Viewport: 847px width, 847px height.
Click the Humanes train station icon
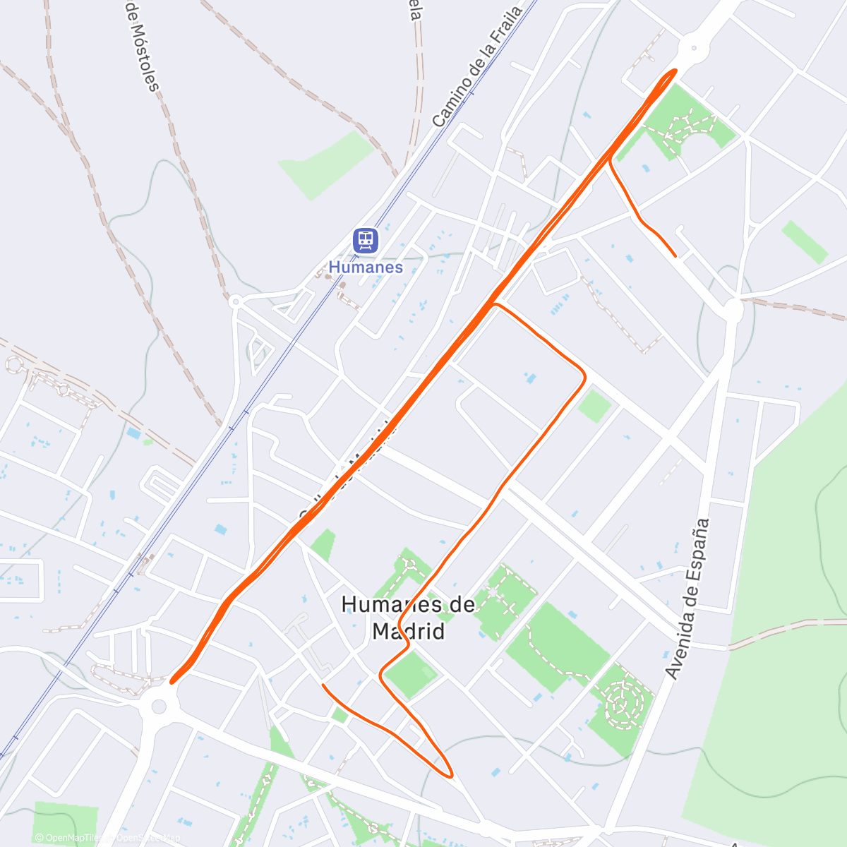(x=366, y=240)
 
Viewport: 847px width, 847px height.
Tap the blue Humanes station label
(x=366, y=268)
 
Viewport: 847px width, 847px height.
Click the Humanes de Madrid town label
(x=409, y=617)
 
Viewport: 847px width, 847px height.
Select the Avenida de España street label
(x=687, y=599)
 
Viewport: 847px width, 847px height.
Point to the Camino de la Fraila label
(x=476, y=67)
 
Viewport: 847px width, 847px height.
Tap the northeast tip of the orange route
(x=675, y=71)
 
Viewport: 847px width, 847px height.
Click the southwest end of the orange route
(x=172, y=681)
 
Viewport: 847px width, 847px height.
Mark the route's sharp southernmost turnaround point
(x=450, y=776)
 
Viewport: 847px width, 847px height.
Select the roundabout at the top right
(x=692, y=49)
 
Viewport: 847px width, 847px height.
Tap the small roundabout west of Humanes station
(x=236, y=301)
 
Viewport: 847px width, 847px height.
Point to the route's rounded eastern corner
(x=583, y=375)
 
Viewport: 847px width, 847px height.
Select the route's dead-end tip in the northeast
(x=675, y=256)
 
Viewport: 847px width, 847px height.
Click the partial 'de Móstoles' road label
(x=141, y=46)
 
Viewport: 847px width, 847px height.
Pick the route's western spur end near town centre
(x=323, y=685)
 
